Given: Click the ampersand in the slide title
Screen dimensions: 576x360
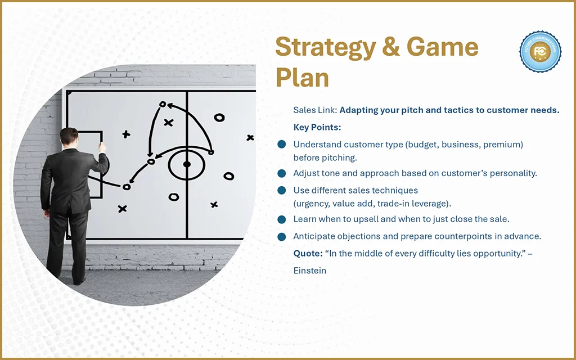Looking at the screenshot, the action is (391, 47).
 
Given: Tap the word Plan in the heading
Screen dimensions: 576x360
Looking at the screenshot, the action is (302, 78).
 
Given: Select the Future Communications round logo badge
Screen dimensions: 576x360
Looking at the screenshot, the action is (540, 52).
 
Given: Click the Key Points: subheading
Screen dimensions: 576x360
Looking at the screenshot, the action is (317, 128).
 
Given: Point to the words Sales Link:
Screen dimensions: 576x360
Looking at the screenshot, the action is (315, 110).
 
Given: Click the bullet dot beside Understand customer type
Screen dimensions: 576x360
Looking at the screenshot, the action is (282, 145).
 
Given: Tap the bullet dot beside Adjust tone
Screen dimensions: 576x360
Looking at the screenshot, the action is (282, 173).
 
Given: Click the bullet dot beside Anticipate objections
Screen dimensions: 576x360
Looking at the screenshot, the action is (282, 236).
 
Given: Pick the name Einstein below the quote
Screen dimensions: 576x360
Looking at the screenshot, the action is (310, 271).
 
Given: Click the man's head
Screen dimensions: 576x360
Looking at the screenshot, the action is (69, 137).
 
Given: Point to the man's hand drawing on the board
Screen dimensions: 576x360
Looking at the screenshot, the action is (102, 148).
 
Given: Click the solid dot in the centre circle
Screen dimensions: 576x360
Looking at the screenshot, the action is (187, 164).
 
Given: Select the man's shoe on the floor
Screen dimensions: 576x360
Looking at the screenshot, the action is (79, 281).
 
